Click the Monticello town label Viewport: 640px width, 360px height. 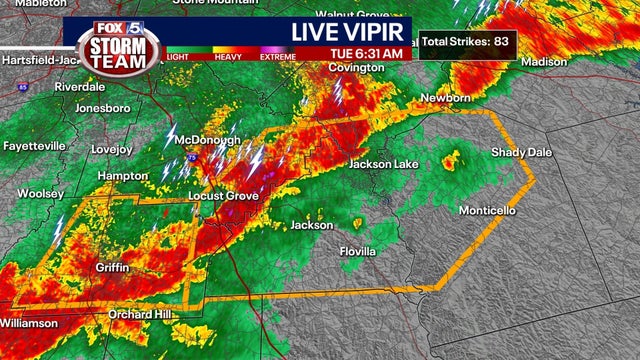click(x=487, y=211)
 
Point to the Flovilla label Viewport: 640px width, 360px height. click(x=357, y=251)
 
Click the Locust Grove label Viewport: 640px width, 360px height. click(x=224, y=196)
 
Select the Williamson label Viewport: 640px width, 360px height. click(x=29, y=323)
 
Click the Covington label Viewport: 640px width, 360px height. click(x=356, y=68)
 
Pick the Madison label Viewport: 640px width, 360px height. click(x=543, y=61)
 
